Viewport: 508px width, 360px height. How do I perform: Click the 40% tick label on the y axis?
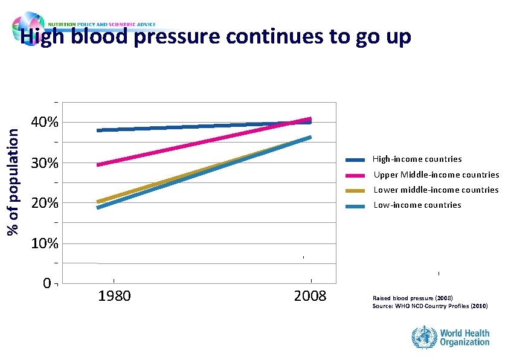click(45, 123)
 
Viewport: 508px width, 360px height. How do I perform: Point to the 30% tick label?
click(45, 163)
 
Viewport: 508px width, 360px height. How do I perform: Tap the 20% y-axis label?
click(45, 203)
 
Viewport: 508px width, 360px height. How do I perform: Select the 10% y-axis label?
click(45, 243)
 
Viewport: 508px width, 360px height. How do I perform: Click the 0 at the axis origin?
click(47, 283)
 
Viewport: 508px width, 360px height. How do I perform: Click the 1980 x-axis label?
click(115, 297)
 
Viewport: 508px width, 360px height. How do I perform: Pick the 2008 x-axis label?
click(310, 297)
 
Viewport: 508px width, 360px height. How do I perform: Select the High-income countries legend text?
click(417, 159)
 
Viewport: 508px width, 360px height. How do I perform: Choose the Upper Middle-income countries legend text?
click(436, 175)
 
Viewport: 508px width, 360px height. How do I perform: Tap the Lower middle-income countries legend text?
click(436, 190)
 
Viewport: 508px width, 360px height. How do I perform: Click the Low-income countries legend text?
click(417, 205)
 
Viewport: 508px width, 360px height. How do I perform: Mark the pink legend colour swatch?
click(356, 175)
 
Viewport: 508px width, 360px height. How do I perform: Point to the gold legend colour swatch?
click(356, 190)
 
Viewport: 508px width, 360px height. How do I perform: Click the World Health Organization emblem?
click(424, 336)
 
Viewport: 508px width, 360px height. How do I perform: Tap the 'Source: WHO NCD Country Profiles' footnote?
click(430, 306)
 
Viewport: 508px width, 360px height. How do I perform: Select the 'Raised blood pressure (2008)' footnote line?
click(413, 298)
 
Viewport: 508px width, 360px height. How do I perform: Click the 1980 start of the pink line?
click(98, 164)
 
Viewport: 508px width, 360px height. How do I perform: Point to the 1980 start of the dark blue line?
click(98, 130)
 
